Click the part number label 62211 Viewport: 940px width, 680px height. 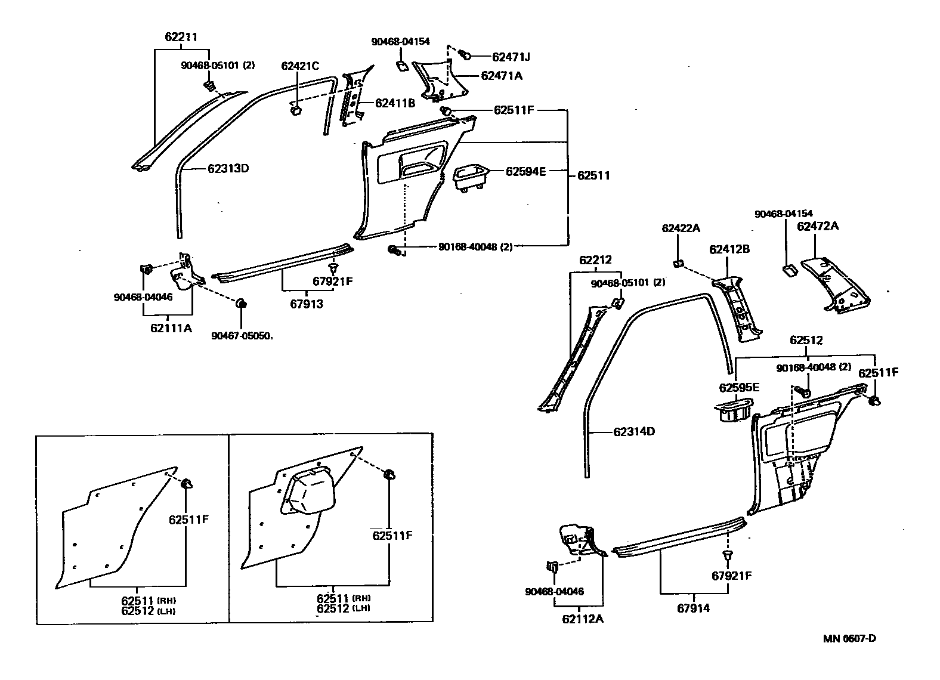(181, 37)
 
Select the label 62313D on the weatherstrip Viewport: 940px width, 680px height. (228, 168)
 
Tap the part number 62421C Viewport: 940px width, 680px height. (300, 66)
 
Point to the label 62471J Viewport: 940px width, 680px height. (511, 57)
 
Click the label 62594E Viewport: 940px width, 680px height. (525, 171)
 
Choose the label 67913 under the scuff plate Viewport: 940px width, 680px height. (307, 304)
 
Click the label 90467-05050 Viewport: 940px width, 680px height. (242, 336)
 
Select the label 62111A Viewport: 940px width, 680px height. (171, 327)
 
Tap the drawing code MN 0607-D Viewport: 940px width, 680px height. (849, 638)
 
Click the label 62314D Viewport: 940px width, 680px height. (633, 431)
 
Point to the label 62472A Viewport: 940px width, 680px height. (818, 226)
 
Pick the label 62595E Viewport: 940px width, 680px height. (738, 388)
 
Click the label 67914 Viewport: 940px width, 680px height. (694, 608)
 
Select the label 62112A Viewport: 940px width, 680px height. (582, 619)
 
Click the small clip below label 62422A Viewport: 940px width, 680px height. (679, 262)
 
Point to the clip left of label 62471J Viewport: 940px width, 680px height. (466, 55)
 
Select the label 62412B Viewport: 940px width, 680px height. (729, 249)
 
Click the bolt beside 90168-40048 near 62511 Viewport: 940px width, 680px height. (394, 250)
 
